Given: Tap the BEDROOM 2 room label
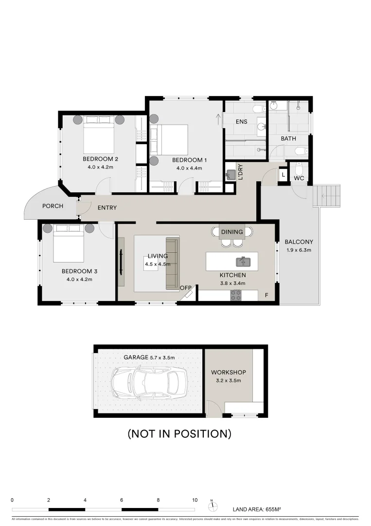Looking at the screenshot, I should point(100,159).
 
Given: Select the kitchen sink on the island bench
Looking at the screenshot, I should point(243,262).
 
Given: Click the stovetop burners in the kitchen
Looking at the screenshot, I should point(236,295).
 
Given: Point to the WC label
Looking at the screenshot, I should point(299,179).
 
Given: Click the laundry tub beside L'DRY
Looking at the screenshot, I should point(230,175).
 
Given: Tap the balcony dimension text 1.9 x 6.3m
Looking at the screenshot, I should point(299,250).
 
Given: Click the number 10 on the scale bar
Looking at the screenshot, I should point(194,500).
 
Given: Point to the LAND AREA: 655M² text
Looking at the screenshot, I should point(257,509).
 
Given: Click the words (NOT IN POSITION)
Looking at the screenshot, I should point(179,433).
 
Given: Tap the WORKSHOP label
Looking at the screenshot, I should point(229,373).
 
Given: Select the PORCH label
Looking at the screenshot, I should point(53,206).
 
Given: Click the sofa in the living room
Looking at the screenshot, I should point(173,263).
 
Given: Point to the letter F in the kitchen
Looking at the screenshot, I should point(266,295).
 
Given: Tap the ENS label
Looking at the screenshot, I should point(242,121).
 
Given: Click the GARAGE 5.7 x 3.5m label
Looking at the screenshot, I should point(149,357).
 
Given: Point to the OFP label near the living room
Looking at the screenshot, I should point(185,288).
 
